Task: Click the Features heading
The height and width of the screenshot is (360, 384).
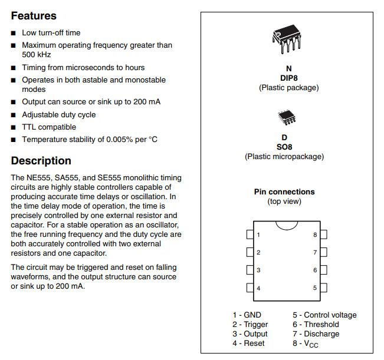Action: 34,16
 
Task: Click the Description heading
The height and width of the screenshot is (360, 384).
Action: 41,161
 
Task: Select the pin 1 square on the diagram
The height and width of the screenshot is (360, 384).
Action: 250,235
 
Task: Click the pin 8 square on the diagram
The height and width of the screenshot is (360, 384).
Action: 323,235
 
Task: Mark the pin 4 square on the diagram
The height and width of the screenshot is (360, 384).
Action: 250,288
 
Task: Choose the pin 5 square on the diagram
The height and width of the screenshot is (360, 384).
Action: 323,288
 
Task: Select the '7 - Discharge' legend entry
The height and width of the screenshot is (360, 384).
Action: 316,334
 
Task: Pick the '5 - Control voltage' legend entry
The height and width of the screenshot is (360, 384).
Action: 324,315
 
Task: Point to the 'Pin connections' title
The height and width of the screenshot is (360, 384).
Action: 284,191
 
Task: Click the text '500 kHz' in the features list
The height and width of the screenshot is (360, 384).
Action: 36,55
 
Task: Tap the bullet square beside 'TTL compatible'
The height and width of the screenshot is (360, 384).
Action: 14,127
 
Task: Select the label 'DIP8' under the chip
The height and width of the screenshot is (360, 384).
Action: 288,78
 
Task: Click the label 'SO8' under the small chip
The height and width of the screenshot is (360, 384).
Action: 284,147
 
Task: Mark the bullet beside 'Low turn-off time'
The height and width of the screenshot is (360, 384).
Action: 14,33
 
